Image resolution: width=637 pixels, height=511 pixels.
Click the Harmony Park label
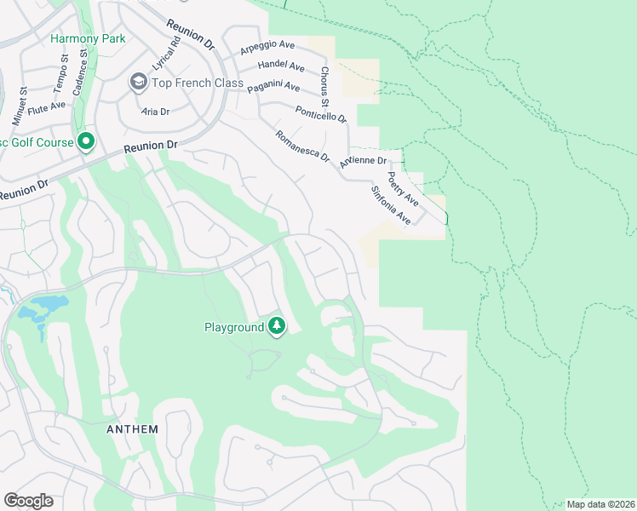click(88, 38)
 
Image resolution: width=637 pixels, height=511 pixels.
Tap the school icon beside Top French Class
click(138, 82)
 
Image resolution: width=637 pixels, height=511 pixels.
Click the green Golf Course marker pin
click(85, 142)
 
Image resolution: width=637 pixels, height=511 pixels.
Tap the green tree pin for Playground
click(277, 325)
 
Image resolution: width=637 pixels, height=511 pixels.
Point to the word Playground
click(234, 327)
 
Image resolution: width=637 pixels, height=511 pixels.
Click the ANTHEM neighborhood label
click(132, 429)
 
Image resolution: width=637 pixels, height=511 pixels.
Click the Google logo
click(28, 501)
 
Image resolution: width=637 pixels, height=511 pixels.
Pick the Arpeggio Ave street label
click(267, 48)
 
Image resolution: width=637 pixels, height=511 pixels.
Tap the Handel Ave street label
click(281, 66)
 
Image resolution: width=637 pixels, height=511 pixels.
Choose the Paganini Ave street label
click(273, 87)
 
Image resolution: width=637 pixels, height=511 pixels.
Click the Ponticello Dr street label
click(321, 113)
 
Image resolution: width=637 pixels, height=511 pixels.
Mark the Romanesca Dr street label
click(302, 146)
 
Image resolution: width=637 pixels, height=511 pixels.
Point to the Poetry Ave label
click(402, 188)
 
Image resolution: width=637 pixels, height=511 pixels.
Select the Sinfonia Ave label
click(391, 206)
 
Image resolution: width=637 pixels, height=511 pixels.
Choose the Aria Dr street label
click(156, 112)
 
